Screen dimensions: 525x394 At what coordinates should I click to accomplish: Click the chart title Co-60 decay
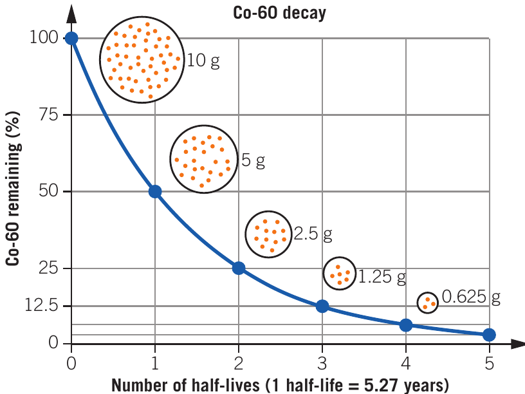[x=279, y=13]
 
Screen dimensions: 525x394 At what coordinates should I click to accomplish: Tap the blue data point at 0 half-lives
[x=71, y=38]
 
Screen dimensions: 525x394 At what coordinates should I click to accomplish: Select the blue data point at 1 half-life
[x=155, y=191]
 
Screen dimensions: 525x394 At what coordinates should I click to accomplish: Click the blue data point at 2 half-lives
[x=239, y=268]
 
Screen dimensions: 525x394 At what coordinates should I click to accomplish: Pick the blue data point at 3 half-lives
[x=322, y=306]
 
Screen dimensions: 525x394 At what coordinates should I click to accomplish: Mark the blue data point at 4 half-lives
[x=406, y=325]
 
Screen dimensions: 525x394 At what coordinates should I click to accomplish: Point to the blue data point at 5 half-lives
[x=489, y=334]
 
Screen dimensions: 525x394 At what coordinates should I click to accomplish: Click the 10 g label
[x=203, y=61]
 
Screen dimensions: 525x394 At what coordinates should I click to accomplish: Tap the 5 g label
[x=253, y=160]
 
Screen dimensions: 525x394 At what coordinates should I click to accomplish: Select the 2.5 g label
[x=313, y=234]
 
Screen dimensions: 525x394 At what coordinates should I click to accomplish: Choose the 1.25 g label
[x=382, y=277]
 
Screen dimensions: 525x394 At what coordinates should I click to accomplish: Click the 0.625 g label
[x=471, y=297]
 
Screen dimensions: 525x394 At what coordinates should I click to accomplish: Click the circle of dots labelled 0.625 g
[x=428, y=303]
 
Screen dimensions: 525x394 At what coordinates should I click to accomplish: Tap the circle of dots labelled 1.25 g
[x=340, y=274]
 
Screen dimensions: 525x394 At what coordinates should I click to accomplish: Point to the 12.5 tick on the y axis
[x=41, y=305]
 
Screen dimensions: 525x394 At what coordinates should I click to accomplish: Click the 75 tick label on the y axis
[x=48, y=115]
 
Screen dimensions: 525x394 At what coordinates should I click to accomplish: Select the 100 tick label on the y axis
[x=44, y=37]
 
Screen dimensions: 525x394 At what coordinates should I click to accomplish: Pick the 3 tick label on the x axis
[x=322, y=363]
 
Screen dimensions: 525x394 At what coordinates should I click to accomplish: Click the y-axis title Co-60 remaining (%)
[x=13, y=189]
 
